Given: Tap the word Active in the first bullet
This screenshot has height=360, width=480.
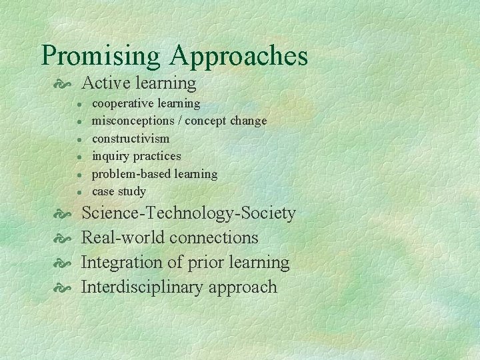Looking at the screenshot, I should (x=103, y=83).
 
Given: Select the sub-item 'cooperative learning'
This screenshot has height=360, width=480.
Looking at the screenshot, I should (x=145, y=103).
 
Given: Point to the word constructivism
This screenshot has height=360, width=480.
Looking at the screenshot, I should (x=130, y=139).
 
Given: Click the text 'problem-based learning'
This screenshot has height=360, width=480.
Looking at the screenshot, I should (x=154, y=174).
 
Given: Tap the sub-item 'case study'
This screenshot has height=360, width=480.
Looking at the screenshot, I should (x=118, y=191).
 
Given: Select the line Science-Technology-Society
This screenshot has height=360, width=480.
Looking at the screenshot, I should (x=188, y=213).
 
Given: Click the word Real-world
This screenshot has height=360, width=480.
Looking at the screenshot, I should (x=123, y=238).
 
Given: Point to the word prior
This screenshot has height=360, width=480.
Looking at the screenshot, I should (x=204, y=263).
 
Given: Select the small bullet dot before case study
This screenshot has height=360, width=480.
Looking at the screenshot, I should (x=79, y=192).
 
